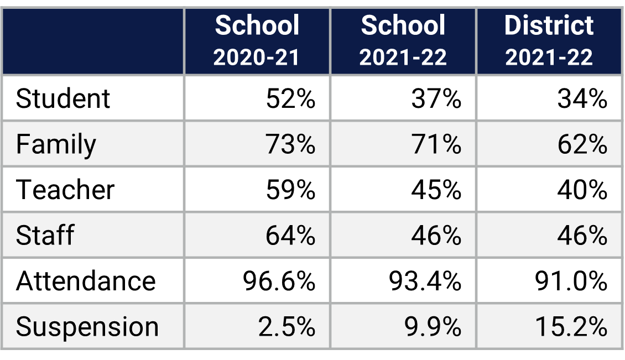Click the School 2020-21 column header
pyautogui.click(x=257, y=41)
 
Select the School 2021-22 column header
pyautogui.click(x=403, y=41)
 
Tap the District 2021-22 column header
pyautogui.click(x=549, y=41)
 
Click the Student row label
pyautogui.click(x=63, y=99)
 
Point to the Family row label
pyautogui.click(x=56, y=145)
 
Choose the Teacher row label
pyautogui.click(x=65, y=190)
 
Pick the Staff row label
pyautogui.click(x=45, y=236)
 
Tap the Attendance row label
pyautogui.click(x=86, y=281)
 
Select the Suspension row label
pyautogui.click(x=87, y=327)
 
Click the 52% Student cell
pyautogui.click(x=290, y=99)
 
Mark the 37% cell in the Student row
pyautogui.click(x=436, y=99)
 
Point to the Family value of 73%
pyautogui.click(x=290, y=145)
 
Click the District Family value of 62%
pyautogui.click(x=582, y=145)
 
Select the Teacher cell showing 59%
pyautogui.click(x=290, y=190)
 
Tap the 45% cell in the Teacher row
pyautogui.click(x=436, y=190)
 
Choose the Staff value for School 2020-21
pyautogui.click(x=290, y=236)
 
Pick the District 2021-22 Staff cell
pyautogui.click(x=582, y=236)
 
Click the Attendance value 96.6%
pyautogui.click(x=279, y=281)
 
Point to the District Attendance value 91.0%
pyautogui.click(x=571, y=281)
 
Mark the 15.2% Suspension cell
pyautogui.click(x=571, y=327)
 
